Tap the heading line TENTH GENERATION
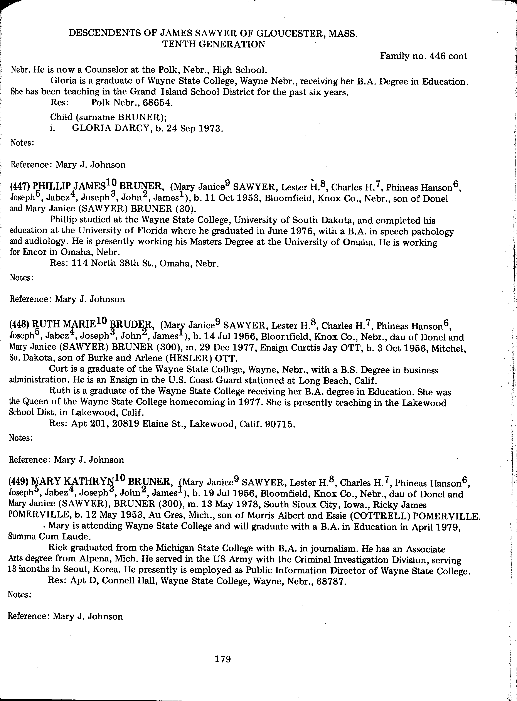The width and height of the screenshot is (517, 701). point(213,44)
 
